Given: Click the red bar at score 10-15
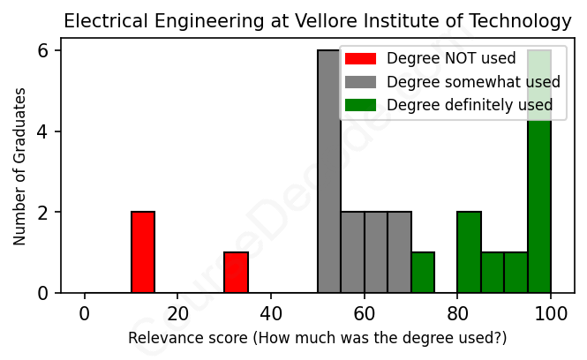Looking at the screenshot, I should coord(143,252).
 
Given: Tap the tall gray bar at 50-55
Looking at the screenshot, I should coord(329,172).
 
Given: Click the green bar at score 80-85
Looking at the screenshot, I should coord(470,252).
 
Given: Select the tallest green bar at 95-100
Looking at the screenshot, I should coord(539,172).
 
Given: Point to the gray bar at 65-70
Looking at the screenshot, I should coord(400,252).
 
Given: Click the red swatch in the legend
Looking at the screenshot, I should coord(360,59).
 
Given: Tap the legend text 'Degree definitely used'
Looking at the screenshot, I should coord(470,105).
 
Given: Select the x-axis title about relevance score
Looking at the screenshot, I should coord(318,339).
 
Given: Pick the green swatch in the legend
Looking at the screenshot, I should coord(360,105).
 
